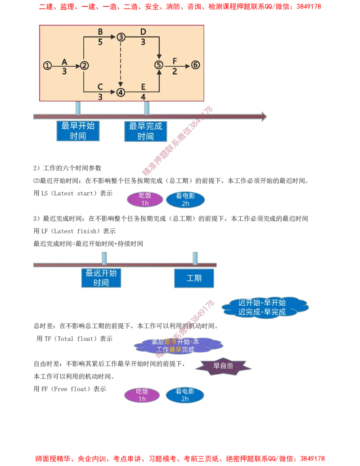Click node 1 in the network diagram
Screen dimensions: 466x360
click(x=47, y=65)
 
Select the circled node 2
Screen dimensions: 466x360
click(x=85, y=66)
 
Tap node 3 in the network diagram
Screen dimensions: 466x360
click(x=121, y=37)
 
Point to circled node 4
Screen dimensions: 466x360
click(x=121, y=92)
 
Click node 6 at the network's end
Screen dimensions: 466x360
click(x=195, y=65)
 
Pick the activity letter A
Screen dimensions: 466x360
click(x=64, y=61)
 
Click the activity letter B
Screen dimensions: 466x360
click(x=100, y=32)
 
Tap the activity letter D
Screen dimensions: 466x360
click(x=143, y=32)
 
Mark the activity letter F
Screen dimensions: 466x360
click(x=175, y=61)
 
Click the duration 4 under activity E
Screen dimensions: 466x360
click(x=143, y=97)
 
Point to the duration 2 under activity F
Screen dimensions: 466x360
click(x=175, y=71)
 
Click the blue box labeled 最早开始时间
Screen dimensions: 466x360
click(x=78, y=131)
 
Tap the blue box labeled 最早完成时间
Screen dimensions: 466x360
click(x=145, y=131)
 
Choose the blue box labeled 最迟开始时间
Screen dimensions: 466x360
click(x=101, y=277)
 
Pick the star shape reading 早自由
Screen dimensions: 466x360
click(x=223, y=366)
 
